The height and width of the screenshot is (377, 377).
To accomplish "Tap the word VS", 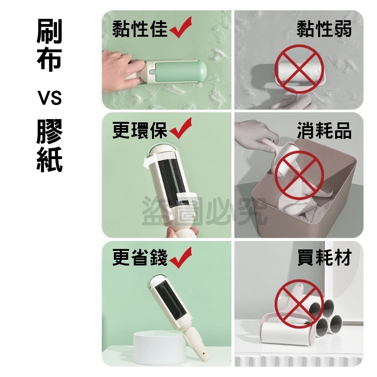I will [x=49, y=99].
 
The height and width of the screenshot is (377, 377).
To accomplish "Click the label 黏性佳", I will [x=139, y=29].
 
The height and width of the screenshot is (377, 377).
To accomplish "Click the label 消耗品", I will [x=324, y=131].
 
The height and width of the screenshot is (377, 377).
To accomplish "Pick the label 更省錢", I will [x=139, y=257].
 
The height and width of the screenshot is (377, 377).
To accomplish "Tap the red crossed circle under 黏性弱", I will [x=298, y=69].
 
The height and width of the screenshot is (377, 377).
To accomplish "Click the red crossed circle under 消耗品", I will [x=298, y=172].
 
